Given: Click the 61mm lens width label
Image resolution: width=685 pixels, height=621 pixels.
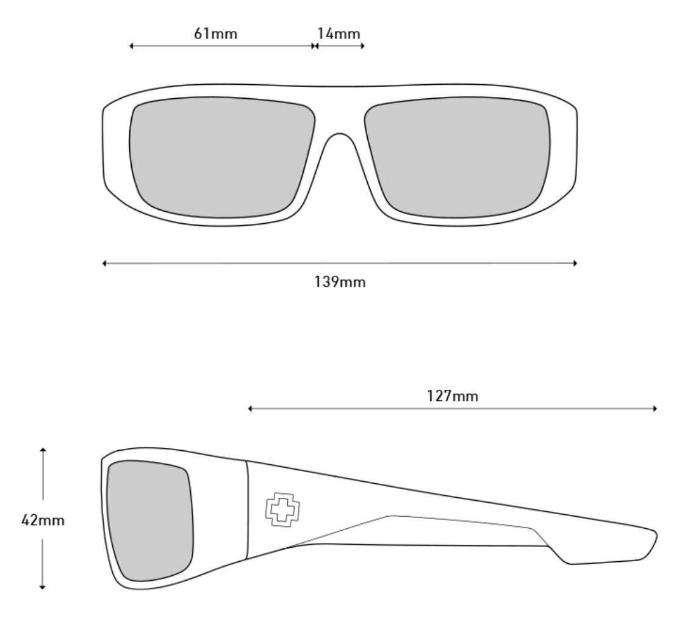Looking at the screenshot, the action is pos(216,34).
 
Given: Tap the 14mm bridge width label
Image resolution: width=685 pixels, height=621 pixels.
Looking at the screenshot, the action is pos(339,34).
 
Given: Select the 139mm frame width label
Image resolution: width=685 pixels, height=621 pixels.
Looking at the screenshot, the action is pos(340,282).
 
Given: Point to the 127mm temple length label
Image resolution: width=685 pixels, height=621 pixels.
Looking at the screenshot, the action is pos(453,396).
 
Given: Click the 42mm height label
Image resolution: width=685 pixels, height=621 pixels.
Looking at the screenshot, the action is pos(43,520).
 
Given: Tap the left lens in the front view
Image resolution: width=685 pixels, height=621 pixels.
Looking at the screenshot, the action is pos(222,157).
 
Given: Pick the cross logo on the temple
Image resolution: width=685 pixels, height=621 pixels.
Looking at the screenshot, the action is pos(285,509).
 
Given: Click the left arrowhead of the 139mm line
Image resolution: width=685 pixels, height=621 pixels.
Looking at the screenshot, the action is pos(104,263).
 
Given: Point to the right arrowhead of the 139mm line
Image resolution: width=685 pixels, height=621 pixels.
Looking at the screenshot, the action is pos(575,263).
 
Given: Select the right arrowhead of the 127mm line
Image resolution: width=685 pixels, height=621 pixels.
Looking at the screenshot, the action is pos(655,409).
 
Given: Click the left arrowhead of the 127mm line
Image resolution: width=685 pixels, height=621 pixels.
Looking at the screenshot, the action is pos(250,409).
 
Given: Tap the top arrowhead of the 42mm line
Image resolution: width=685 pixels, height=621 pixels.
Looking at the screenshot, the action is pos(43,450).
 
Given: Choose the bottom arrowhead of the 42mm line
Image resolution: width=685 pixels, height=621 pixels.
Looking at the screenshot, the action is pos(43,587).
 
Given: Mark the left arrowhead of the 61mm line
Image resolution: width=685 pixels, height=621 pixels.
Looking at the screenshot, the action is pos(132,46).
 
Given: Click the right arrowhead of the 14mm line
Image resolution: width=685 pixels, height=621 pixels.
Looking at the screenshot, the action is pos(362,46).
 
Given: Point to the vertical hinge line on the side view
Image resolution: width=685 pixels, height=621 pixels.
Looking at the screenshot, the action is pos(247,510).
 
